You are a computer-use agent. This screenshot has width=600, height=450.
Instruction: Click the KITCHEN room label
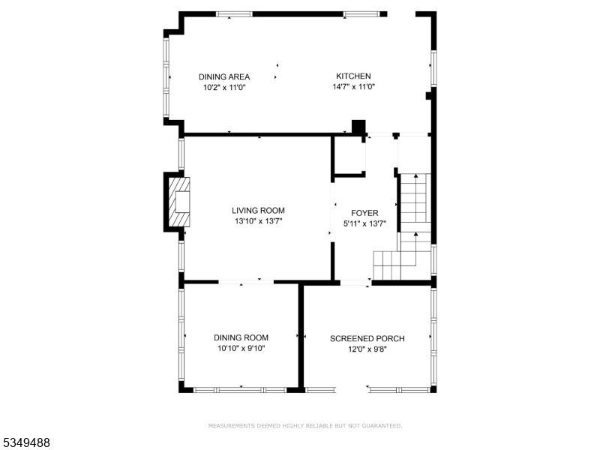pos(353,76)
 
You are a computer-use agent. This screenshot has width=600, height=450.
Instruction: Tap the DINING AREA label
pos(224,76)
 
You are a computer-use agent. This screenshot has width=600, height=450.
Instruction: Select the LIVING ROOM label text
pos(258,211)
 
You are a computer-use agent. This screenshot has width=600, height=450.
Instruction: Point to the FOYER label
pos(364,213)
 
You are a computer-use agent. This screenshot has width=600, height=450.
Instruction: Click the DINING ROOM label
pos(241,337)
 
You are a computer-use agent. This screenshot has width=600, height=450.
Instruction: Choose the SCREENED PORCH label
pos(367,338)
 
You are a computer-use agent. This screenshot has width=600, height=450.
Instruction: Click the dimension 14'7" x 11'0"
pos(353,87)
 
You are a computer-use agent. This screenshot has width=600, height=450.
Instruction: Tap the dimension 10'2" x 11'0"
pos(224,88)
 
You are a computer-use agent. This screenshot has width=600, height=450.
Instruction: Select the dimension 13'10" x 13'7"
pos(258,221)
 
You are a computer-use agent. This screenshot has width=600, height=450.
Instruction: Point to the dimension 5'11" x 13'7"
pos(364,223)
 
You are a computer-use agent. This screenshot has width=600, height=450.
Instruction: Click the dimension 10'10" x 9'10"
pos(241,348)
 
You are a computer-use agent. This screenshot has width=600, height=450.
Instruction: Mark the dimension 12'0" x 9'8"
pos(367,349)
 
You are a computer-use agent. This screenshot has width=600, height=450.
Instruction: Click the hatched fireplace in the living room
pos(179,202)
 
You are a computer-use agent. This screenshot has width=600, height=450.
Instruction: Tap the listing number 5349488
pos(26,442)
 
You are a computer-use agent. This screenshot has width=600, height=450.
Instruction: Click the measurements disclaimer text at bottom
pos(304,426)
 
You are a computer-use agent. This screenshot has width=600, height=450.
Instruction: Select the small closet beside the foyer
pos(349,155)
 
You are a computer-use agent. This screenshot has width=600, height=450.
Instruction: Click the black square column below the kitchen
pos(358,127)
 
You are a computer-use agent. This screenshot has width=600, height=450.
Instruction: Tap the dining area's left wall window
pos(166,77)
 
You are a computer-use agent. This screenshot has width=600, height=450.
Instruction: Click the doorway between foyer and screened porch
pos(355,283)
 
